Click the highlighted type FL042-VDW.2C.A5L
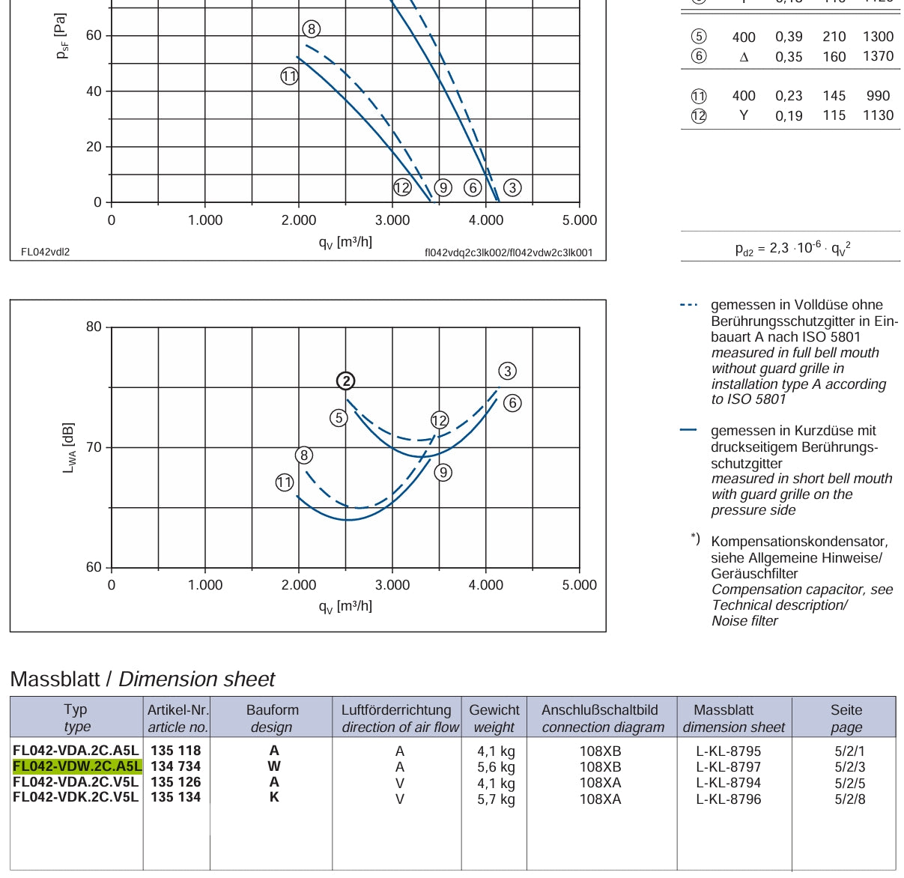pyautogui.click(x=77, y=766)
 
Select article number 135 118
pyautogui.click(x=175, y=750)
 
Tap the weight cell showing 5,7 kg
pyautogui.click(x=496, y=799)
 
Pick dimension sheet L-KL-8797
pyautogui.click(x=728, y=766)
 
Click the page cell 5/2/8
pyautogui.click(x=849, y=799)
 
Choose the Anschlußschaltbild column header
pyautogui.click(x=602, y=718)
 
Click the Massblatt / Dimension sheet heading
pyautogui.click(x=142, y=679)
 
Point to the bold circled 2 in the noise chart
pyautogui.click(x=345, y=381)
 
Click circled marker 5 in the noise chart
pyautogui.click(x=339, y=417)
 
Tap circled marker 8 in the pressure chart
pyautogui.click(x=312, y=28)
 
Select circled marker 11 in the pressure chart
pyautogui.click(x=289, y=76)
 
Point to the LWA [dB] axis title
pyautogui.click(x=68, y=448)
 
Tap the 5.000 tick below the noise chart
pyautogui.click(x=579, y=584)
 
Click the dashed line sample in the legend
pyautogui.click(x=688, y=305)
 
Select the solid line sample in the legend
pyautogui.click(x=688, y=430)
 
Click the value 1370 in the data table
pyautogui.click(x=878, y=56)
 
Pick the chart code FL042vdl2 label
pyautogui.click(x=45, y=252)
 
